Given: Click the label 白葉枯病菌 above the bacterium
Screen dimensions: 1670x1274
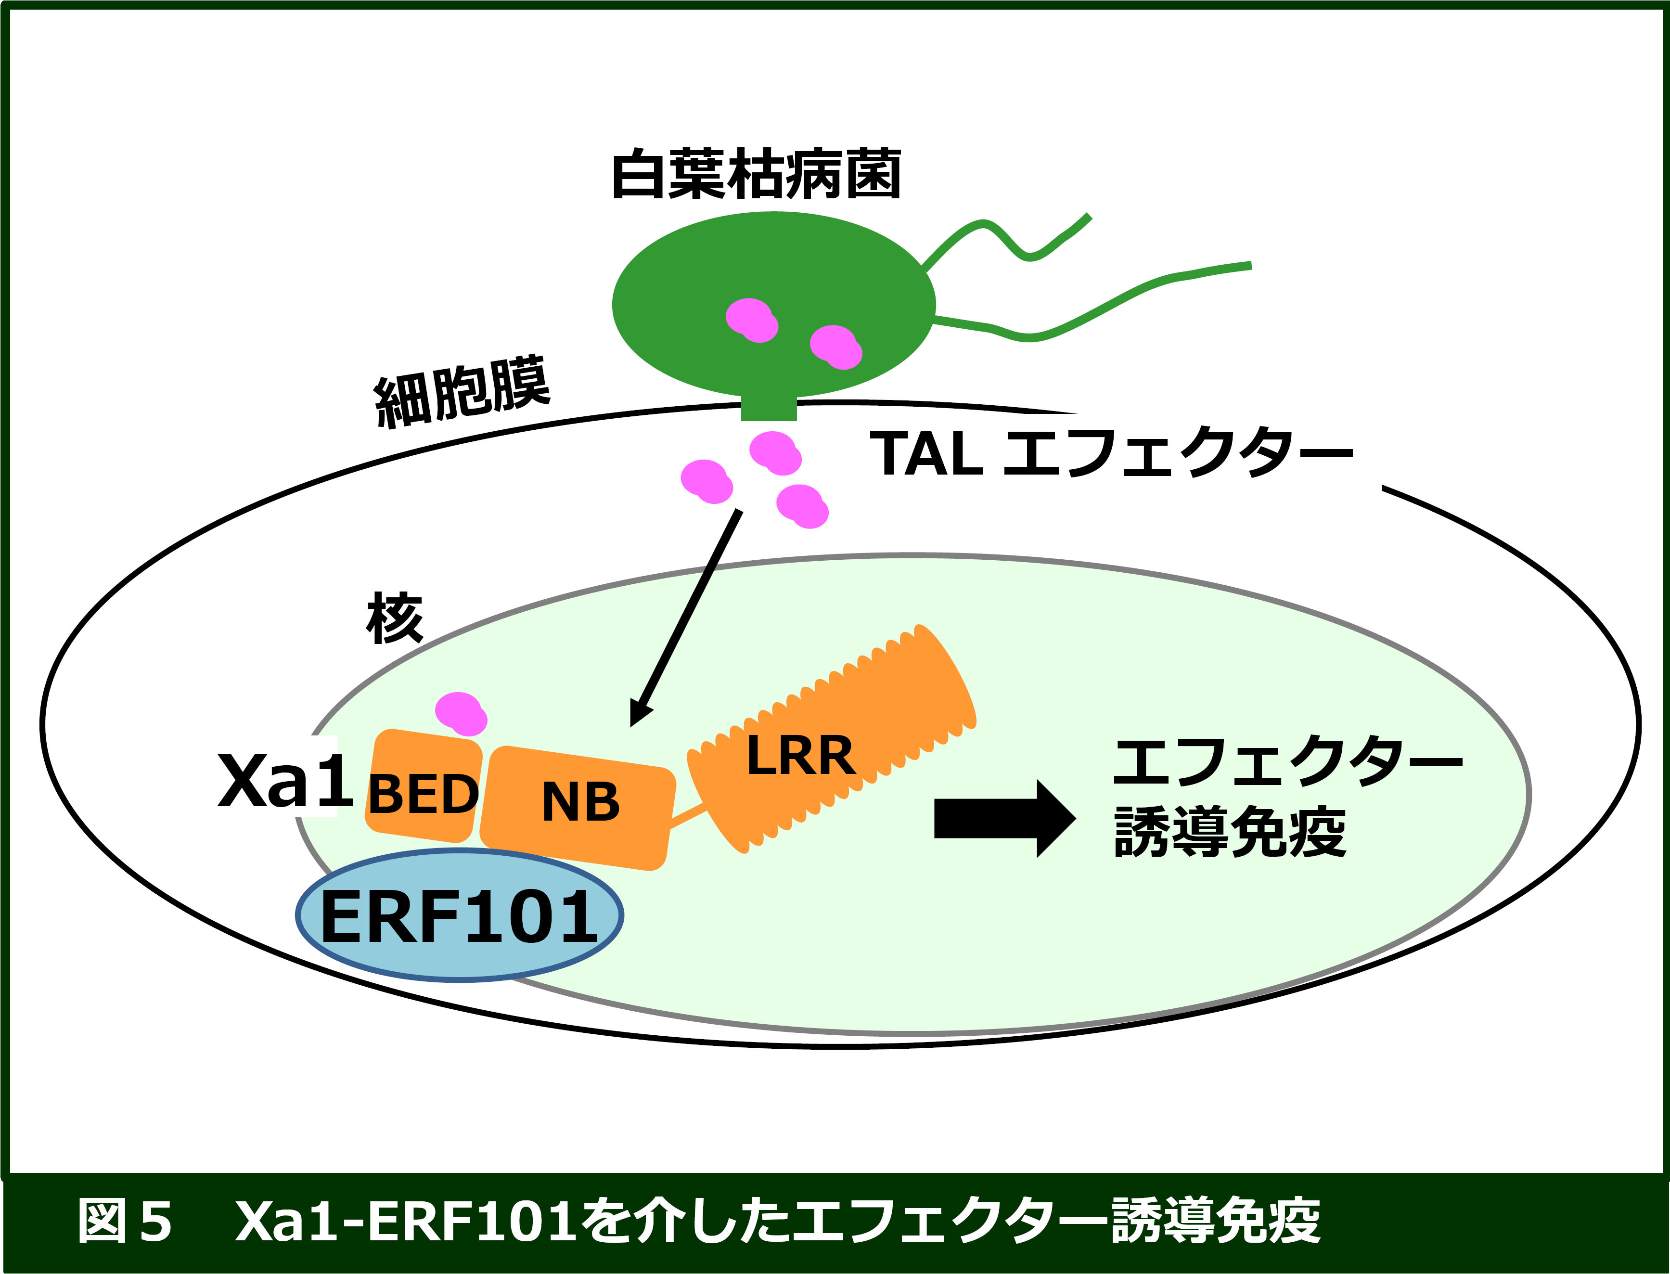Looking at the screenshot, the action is click(x=756, y=174).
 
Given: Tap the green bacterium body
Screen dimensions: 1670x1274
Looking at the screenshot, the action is click(x=773, y=305).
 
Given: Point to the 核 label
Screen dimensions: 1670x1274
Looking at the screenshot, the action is click(x=394, y=618).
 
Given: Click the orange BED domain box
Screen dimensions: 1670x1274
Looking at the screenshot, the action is click(x=423, y=785).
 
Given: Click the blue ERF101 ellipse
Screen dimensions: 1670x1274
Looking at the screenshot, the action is click(x=460, y=915).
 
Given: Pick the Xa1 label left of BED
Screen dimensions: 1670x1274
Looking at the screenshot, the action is click(x=286, y=780).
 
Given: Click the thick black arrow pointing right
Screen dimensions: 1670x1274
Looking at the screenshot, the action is click(x=1005, y=819).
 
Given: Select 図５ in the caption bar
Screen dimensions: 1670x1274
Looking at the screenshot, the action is click(x=125, y=1222).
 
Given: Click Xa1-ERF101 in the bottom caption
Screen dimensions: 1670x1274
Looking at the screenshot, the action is click(x=408, y=1222).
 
